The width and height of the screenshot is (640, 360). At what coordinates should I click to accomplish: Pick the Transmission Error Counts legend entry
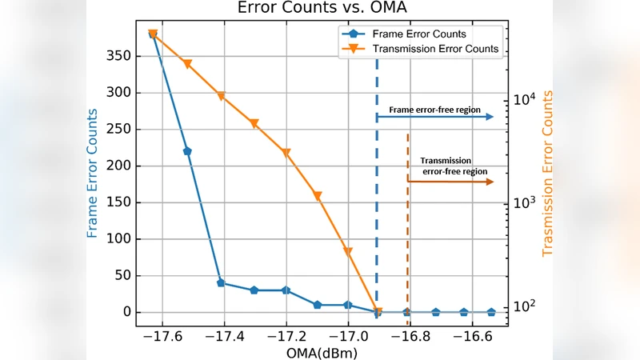[x=435, y=49]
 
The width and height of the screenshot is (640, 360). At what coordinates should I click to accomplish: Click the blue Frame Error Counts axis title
[x=93, y=173]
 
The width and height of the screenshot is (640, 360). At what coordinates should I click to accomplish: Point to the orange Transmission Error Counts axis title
[x=548, y=173]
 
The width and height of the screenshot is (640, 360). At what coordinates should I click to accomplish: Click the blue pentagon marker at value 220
[x=187, y=151]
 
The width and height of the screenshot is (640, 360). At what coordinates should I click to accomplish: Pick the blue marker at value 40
[x=221, y=283]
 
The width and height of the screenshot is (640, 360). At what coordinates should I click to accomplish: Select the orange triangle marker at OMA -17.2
[x=286, y=153]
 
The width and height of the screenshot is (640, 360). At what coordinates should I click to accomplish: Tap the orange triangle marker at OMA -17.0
[x=348, y=251]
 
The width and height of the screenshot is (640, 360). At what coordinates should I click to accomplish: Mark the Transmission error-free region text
[x=450, y=166]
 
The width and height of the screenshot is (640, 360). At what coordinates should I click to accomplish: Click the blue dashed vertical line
[x=377, y=200]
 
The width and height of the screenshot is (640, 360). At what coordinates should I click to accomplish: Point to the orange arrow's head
[x=489, y=182]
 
